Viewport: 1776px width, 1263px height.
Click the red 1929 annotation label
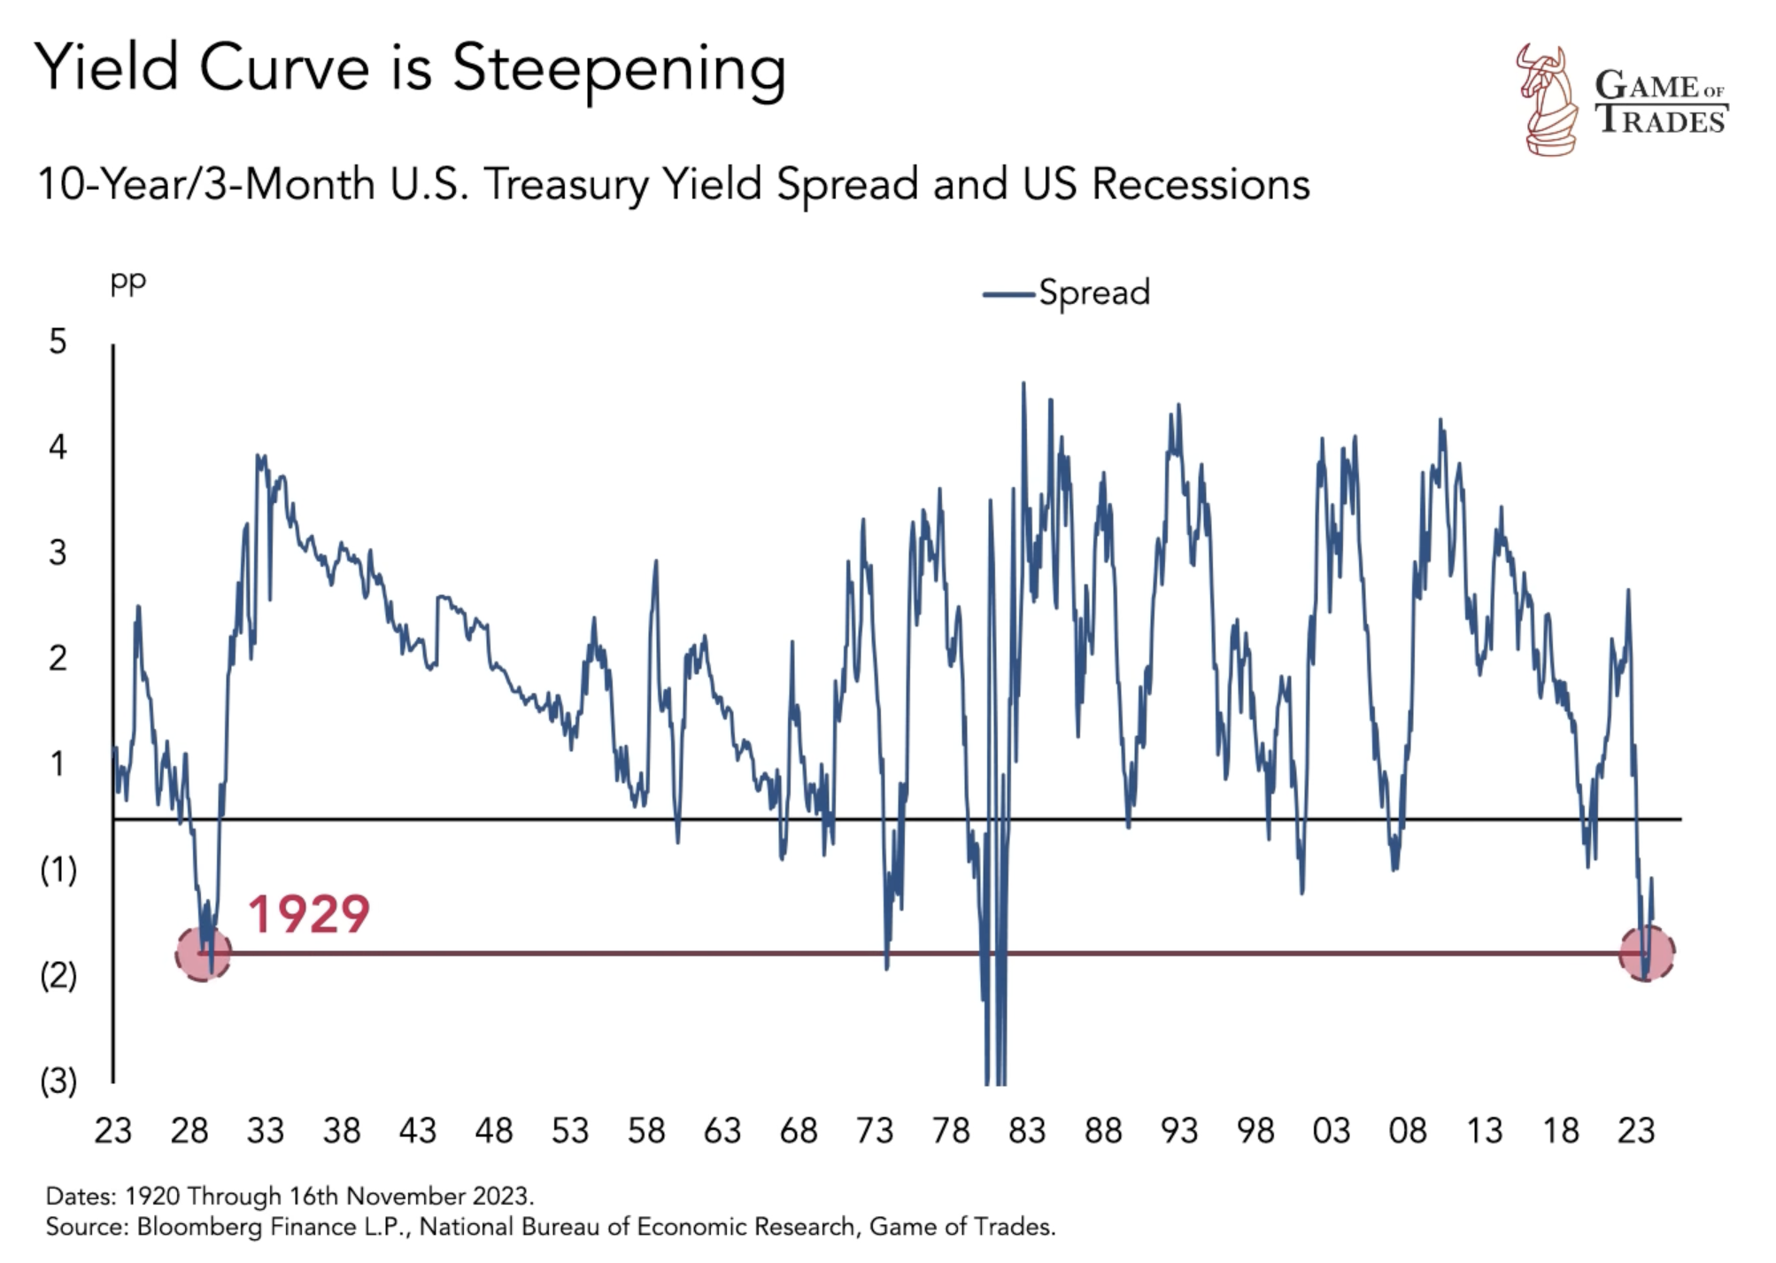tap(307, 914)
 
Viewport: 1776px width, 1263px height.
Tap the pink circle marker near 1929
tap(204, 954)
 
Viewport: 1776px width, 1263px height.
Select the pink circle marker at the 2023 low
tap(1647, 954)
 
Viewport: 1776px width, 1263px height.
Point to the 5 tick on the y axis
tap(58, 342)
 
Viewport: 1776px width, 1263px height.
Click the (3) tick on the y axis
tap(58, 1081)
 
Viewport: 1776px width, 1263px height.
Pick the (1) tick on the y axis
tap(58, 871)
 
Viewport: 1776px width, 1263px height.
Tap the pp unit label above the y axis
tap(127, 282)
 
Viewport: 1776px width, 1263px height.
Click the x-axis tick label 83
tap(1027, 1131)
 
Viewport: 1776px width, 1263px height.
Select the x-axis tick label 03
tap(1332, 1131)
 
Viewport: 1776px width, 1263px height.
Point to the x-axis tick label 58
tap(646, 1131)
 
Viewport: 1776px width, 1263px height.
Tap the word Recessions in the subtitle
tap(1201, 185)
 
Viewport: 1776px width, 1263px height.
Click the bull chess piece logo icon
tap(1547, 100)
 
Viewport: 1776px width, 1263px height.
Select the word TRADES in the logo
tap(1662, 120)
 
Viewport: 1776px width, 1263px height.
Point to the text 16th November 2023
tap(410, 1197)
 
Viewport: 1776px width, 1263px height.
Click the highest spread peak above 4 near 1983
tap(1023, 384)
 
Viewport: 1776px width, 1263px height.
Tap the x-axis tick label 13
tap(1484, 1131)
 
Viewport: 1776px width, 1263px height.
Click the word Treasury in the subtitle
tap(565, 185)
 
